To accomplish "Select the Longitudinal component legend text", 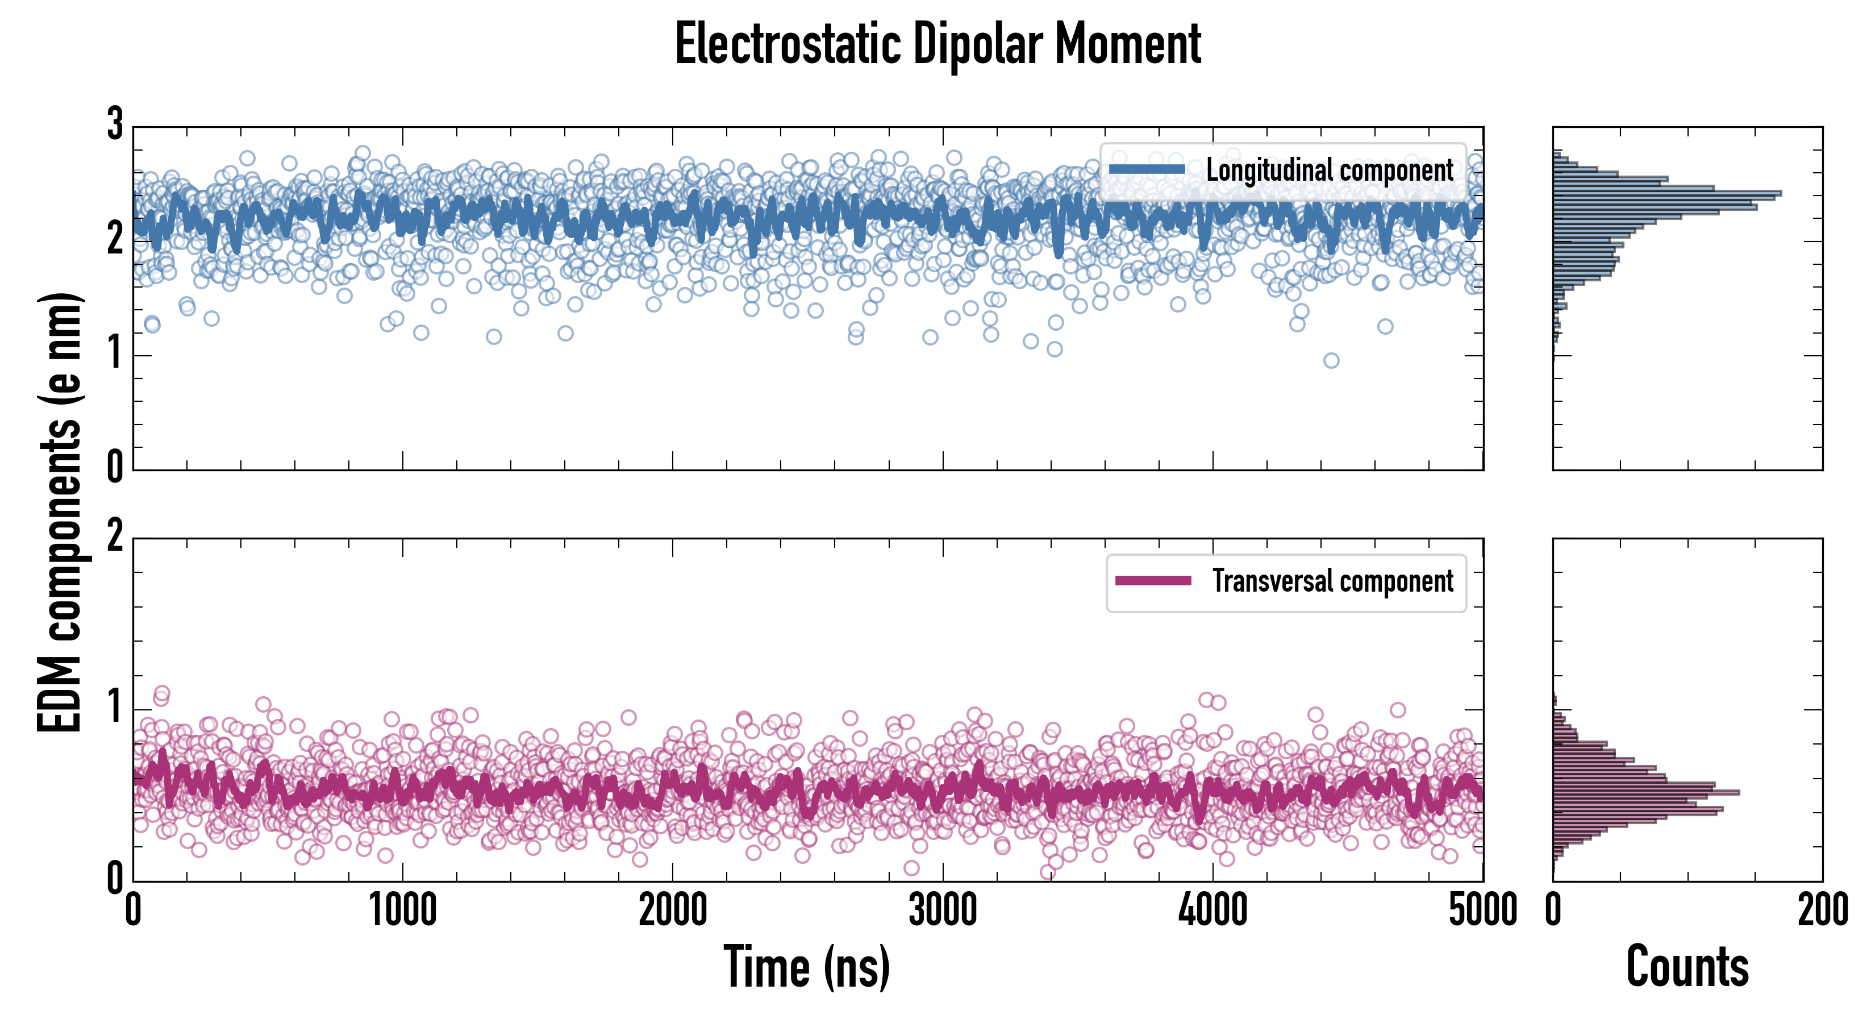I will tap(1329, 170).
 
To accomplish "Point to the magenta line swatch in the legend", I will tap(1153, 581).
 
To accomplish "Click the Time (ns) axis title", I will tap(806, 967).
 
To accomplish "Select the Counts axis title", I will tap(1687, 967).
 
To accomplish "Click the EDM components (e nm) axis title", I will tap(60, 513).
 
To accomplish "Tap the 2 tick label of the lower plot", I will tap(115, 537).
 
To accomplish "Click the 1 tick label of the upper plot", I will tap(115, 355).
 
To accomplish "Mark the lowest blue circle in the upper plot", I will tap(1331, 360).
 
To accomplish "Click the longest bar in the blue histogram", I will tap(1667, 194).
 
